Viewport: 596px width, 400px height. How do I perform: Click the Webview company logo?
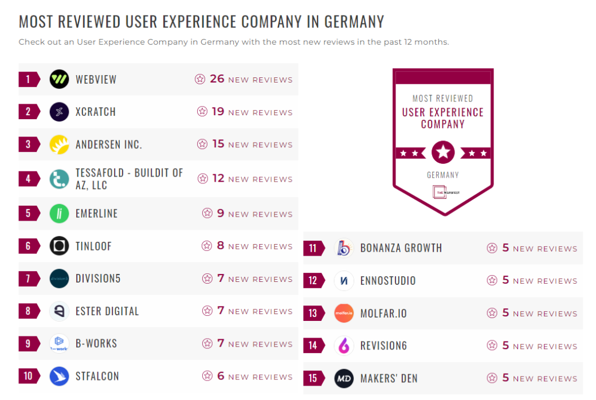coord(59,79)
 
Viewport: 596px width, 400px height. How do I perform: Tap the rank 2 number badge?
coord(28,112)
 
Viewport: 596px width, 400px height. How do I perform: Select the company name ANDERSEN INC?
coord(108,144)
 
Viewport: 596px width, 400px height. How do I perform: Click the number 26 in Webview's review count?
coord(217,79)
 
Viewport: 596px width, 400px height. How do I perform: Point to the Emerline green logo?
coord(59,214)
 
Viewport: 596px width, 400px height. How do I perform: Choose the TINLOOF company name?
coord(93,246)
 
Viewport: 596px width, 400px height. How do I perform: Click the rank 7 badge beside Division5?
coord(28,279)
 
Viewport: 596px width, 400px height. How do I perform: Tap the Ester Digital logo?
coord(59,311)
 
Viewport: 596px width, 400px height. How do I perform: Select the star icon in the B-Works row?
coord(207,344)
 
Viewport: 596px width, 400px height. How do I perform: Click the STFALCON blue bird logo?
coord(59,377)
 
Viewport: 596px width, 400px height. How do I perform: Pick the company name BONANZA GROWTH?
coord(401,248)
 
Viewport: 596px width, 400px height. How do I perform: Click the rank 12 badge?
coord(313,281)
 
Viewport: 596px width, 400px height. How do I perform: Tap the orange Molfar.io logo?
coord(344,313)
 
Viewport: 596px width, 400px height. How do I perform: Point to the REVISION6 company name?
coord(387,346)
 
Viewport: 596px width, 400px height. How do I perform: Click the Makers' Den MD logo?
coord(344,379)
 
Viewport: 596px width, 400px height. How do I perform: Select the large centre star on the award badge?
coord(443,152)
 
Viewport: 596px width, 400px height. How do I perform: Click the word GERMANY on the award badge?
coord(443,175)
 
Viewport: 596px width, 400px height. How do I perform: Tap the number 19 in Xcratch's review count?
coord(218,112)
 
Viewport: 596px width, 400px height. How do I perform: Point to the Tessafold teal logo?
coord(59,179)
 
